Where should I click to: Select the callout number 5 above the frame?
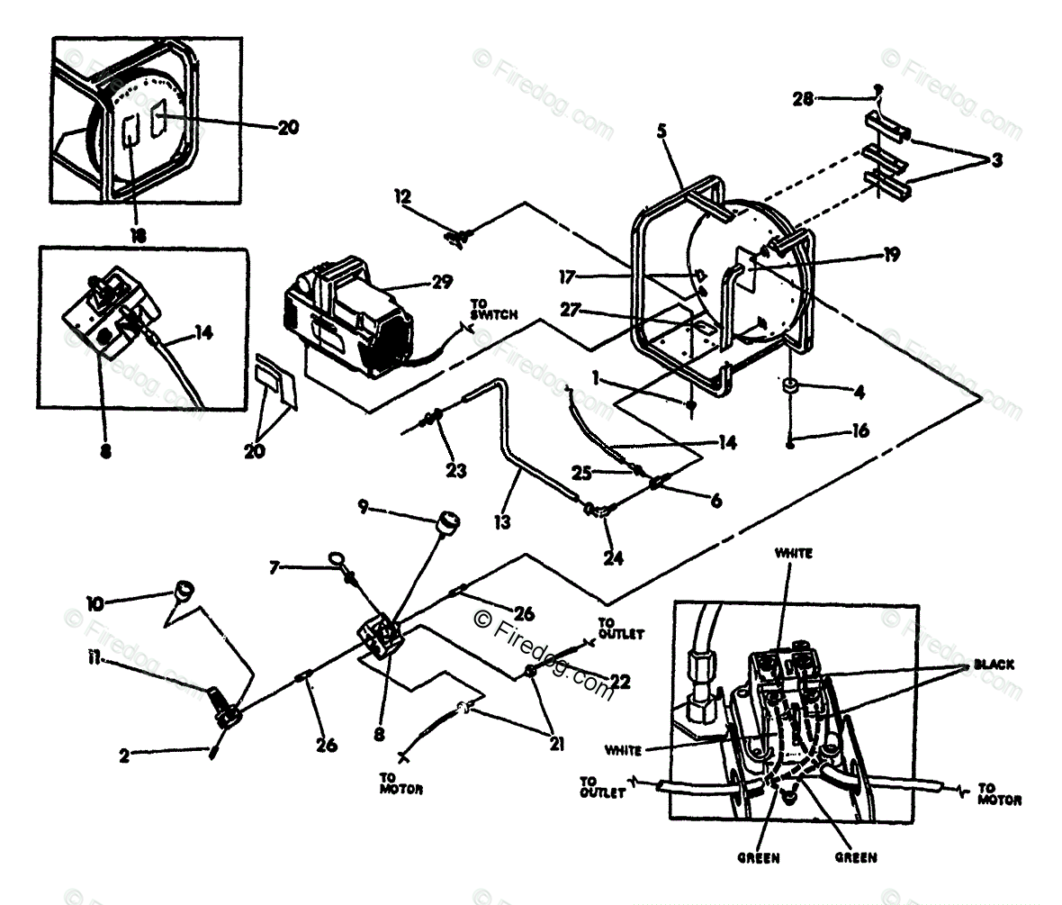click(661, 131)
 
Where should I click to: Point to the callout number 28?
click(803, 98)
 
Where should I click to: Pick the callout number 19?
click(891, 255)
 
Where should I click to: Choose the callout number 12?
click(401, 195)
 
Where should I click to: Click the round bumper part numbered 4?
click(791, 388)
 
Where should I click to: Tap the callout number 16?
click(861, 431)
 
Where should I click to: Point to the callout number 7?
click(275, 567)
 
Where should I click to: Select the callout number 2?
click(123, 757)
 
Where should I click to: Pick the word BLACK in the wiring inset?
click(994, 665)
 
